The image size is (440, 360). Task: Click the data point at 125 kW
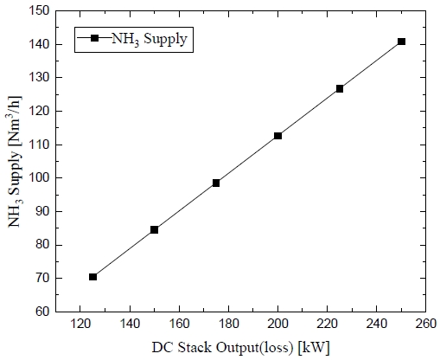(x=92, y=277)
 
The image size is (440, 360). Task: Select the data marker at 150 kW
(x=154, y=229)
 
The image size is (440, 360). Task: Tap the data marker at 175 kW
(x=216, y=183)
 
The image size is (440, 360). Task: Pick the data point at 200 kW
(x=277, y=136)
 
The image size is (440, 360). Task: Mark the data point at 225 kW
(x=340, y=88)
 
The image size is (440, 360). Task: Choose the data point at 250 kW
(x=401, y=42)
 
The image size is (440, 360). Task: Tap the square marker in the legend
(x=94, y=39)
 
